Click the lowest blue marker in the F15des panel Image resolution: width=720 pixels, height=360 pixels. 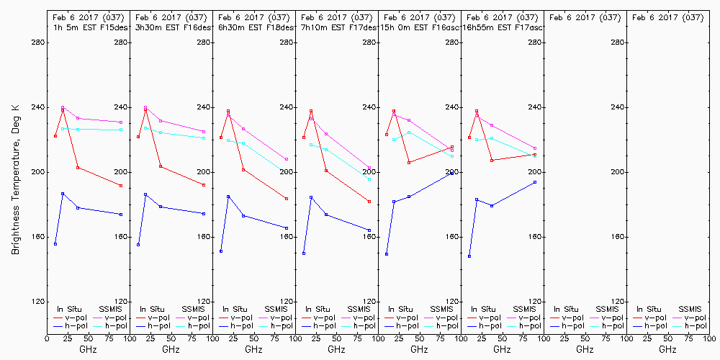pos(55,244)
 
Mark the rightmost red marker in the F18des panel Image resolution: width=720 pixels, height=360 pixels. pos(287,199)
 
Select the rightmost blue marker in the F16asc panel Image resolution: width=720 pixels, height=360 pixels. pos(452,174)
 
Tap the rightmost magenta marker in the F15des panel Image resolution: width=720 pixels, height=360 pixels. pos(121,122)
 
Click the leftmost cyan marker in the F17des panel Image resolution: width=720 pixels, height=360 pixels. pos(311,145)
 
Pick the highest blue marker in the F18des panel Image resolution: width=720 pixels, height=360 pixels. pos(228,197)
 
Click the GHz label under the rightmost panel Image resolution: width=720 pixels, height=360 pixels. pos(667,349)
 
